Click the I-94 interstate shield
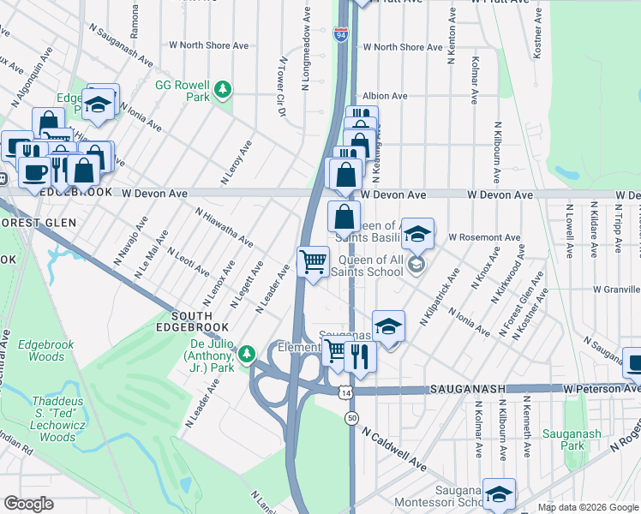[341, 34]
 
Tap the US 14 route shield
[344, 391]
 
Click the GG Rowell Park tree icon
[223, 88]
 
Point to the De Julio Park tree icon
[247, 352]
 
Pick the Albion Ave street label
[385, 96]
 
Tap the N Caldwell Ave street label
[393, 451]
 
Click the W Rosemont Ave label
[484, 236]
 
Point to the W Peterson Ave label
[601, 389]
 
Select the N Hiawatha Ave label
[223, 227]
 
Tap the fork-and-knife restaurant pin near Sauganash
[361, 356]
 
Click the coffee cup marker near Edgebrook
[34, 171]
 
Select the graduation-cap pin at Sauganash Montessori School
[499, 493]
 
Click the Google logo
[29, 504]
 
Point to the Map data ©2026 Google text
[587, 507]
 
